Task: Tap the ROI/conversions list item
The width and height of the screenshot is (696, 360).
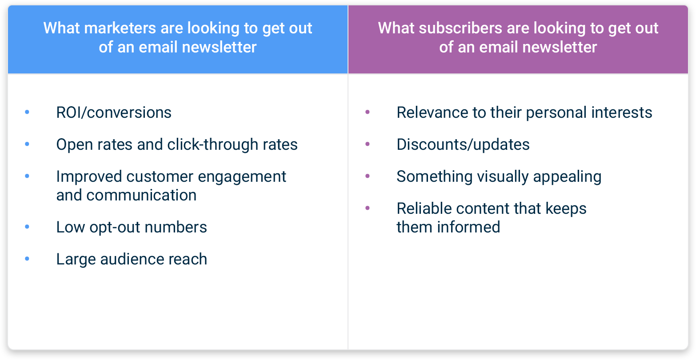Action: click(114, 112)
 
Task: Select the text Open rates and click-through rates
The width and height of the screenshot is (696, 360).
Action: click(177, 144)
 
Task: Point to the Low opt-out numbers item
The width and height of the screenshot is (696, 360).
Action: click(132, 227)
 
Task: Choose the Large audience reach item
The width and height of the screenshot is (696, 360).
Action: click(132, 259)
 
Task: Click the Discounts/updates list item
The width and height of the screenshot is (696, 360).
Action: click(463, 144)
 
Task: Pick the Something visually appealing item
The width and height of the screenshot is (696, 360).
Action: click(499, 177)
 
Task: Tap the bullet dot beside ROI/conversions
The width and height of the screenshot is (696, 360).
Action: click(27, 112)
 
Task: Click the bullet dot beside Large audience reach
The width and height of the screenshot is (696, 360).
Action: click(27, 259)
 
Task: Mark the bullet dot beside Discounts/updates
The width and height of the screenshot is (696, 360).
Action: click(368, 144)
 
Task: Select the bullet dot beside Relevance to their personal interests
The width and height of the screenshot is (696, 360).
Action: click(368, 112)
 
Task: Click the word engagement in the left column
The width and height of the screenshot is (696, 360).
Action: click(242, 177)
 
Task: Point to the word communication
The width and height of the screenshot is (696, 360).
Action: click(141, 196)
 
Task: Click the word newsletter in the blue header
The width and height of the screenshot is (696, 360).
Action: click(219, 47)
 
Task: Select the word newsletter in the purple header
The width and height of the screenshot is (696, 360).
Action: click(560, 47)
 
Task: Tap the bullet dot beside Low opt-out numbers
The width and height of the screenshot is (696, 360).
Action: click(27, 227)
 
